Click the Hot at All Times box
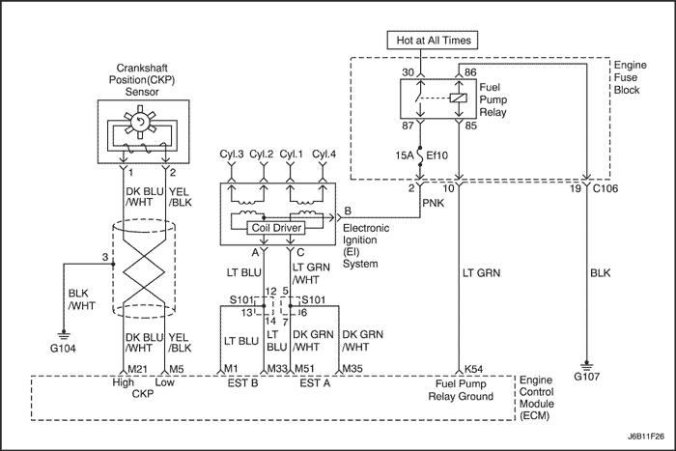coord(433,41)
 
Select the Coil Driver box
coord(276,228)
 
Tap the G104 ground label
coord(63,348)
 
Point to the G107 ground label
coord(587,377)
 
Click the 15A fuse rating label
coord(404,155)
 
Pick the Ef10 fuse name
coord(437,155)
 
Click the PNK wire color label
coord(433,203)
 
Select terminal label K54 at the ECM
coord(474,369)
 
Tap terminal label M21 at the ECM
coord(138,369)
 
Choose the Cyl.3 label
coord(232,154)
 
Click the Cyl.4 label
coord(324,154)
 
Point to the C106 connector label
coord(606,188)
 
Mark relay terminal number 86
coord(470,72)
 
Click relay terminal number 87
coord(408,126)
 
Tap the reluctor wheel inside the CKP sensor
coord(139,123)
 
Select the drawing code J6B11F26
coord(646,437)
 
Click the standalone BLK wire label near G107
coord(601,273)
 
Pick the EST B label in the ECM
coord(242,382)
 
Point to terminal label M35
coord(352,369)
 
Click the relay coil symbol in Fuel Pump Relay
coord(459,98)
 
